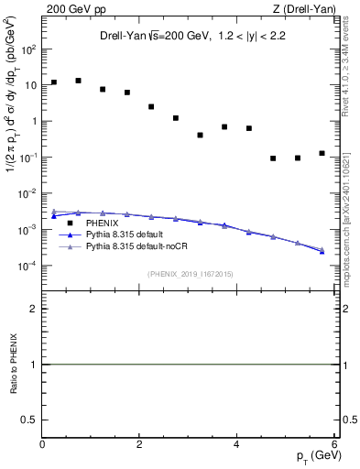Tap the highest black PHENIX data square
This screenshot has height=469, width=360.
point(79,81)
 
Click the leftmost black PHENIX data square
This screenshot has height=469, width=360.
point(54,82)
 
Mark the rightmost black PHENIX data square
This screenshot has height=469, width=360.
point(322,153)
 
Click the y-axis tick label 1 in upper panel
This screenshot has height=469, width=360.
point(34,121)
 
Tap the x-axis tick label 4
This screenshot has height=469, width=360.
point(236,445)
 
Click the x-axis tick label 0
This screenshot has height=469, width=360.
point(42,445)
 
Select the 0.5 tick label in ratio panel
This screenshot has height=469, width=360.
point(30,420)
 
